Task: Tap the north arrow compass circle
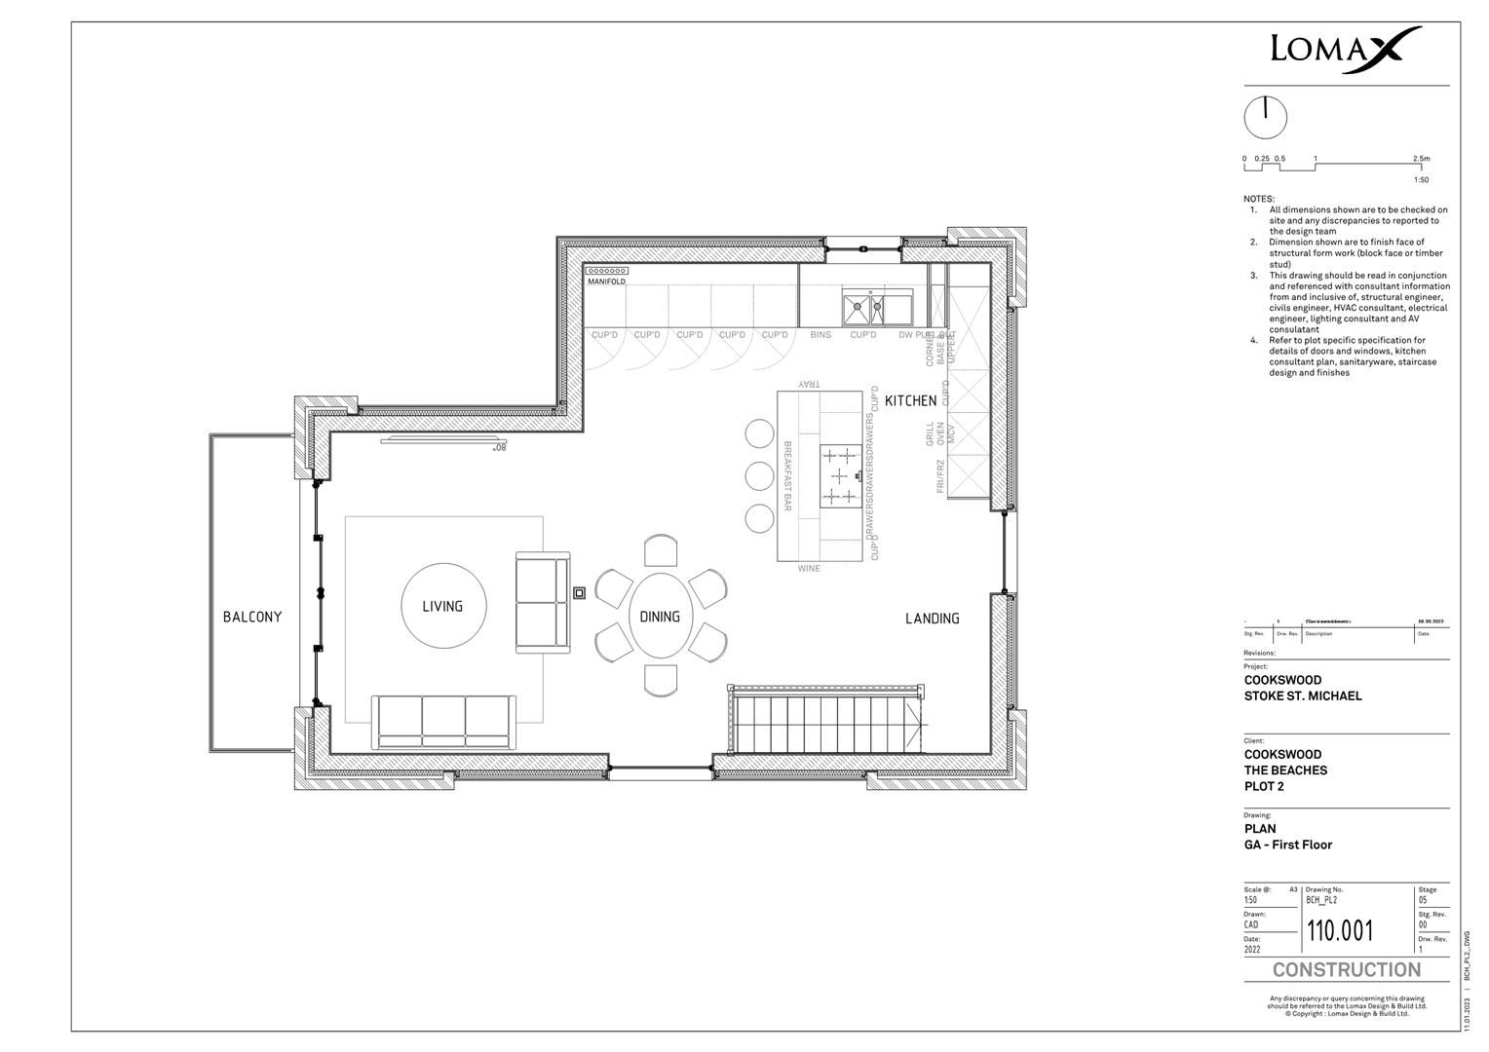[1265, 118]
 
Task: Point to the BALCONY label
[252, 617]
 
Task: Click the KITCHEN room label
[910, 400]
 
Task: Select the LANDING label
[932, 619]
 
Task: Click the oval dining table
[660, 616]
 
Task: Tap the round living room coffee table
[442, 606]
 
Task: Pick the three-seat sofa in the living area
[444, 721]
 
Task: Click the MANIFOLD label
[606, 282]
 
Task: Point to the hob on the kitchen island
[841, 475]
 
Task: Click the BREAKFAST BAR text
[787, 476]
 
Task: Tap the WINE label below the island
[809, 568]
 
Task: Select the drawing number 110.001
[1340, 931]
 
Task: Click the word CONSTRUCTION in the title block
[1346, 970]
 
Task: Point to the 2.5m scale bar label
[1421, 159]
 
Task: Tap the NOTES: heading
[1258, 199]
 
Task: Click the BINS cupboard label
[821, 335]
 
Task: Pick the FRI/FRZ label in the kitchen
[940, 475]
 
